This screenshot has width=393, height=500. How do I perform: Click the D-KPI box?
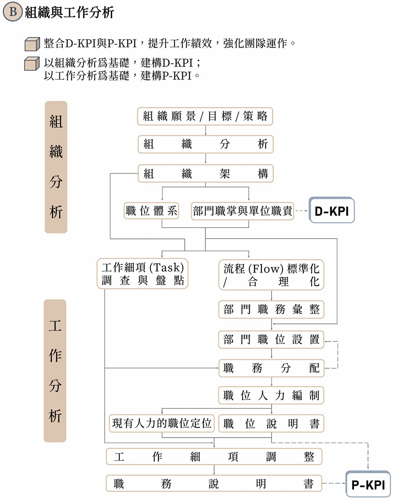click(x=332, y=211)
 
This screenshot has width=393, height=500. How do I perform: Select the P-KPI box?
click(x=368, y=484)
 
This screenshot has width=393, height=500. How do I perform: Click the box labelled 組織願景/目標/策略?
click(x=205, y=116)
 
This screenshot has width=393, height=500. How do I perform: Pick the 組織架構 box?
click(x=205, y=173)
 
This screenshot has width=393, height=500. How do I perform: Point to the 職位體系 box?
click(x=151, y=211)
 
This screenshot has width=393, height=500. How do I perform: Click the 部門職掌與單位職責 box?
click(x=242, y=211)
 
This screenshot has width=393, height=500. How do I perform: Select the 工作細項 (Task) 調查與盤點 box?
click(x=143, y=274)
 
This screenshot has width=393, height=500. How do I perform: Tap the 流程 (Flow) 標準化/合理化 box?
click(x=271, y=275)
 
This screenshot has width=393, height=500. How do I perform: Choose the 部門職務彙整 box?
click(x=271, y=309)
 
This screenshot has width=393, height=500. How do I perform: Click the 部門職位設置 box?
click(x=271, y=339)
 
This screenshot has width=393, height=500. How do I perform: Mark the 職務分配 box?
click(x=271, y=368)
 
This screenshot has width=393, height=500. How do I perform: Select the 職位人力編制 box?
click(x=271, y=395)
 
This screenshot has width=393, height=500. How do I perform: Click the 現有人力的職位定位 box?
click(x=162, y=423)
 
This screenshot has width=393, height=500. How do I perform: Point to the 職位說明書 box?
click(x=271, y=423)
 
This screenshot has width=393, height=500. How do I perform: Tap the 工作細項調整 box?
click(x=214, y=456)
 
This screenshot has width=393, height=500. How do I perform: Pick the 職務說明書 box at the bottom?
click(x=214, y=483)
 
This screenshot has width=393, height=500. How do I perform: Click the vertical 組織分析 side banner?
click(x=56, y=167)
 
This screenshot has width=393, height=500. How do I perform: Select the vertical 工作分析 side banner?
click(x=55, y=371)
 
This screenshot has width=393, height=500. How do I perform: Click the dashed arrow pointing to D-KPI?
click(x=301, y=211)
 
